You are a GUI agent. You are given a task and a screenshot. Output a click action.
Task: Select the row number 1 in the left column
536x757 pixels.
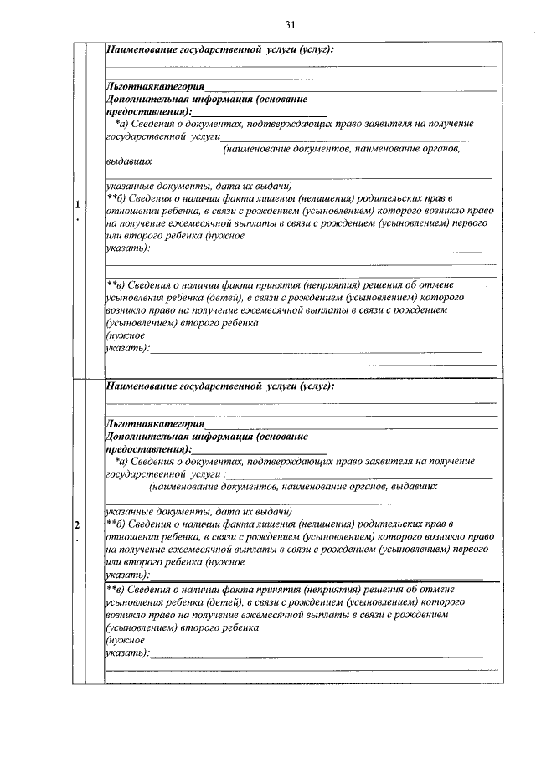pos(77,205)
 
